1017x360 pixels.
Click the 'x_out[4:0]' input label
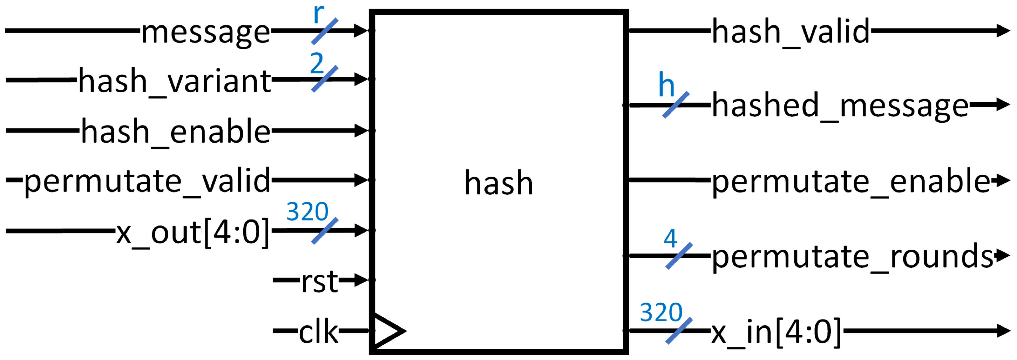click(x=193, y=232)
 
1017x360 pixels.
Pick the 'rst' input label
click(x=319, y=282)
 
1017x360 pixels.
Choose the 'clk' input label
click(x=318, y=332)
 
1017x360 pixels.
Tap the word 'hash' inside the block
click(x=498, y=183)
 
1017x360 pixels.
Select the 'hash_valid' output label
click(x=791, y=32)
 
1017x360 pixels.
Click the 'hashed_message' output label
click(x=840, y=106)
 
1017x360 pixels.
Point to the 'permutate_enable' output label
click(x=851, y=182)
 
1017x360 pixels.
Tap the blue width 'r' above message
click(x=318, y=14)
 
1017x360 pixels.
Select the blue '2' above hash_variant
click(x=317, y=63)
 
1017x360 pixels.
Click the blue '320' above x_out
click(x=307, y=212)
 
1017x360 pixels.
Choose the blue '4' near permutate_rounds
click(x=670, y=239)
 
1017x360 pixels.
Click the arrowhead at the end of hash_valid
click(x=1003, y=30)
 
